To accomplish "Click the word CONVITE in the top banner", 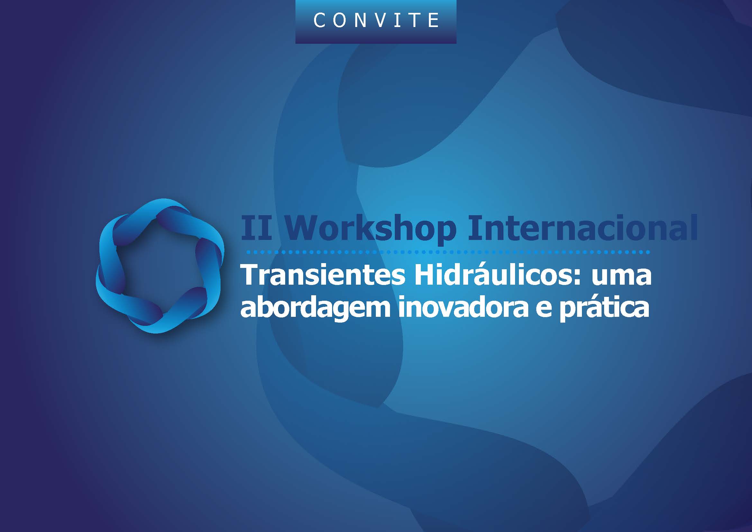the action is tap(376, 20).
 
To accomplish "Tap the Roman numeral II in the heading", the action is tap(257, 227).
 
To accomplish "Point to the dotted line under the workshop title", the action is tap(448, 252).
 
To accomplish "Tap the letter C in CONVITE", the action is tap(319, 20).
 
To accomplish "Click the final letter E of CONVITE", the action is tap(433, 20).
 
